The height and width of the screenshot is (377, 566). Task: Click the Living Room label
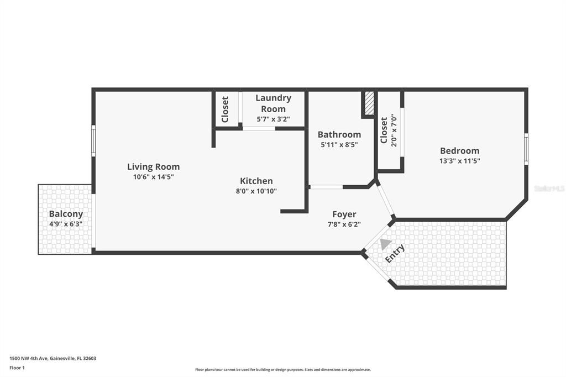[x=153, y=166]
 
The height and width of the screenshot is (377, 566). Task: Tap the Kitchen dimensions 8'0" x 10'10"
[x=256, y=191]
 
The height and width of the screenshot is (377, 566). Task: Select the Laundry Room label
[x=273, y=103]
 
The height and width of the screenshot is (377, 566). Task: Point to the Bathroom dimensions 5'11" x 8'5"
[x=339, y=145]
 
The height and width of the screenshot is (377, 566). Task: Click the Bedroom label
[x=459, y=150]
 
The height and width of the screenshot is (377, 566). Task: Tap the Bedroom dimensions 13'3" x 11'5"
[x=459, y=161]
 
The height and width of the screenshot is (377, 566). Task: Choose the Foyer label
[x=344, y=214]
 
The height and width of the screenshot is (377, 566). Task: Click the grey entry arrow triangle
[x=385, y=243]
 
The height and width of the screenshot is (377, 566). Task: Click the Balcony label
[x=66, y=213]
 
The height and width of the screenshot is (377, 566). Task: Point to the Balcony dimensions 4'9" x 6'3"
[x=66, y=224]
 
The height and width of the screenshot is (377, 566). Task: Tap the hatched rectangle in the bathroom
[x=369, y=103]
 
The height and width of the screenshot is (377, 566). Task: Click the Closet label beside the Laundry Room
[x=225, y=109]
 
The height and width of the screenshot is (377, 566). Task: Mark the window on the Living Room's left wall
[x=93, y=138]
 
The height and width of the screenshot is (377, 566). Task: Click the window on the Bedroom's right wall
[x=526, y=149]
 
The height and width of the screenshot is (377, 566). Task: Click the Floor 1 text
[x=18, y=368]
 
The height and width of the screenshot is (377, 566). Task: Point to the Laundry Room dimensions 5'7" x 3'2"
[x=273, y=119]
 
